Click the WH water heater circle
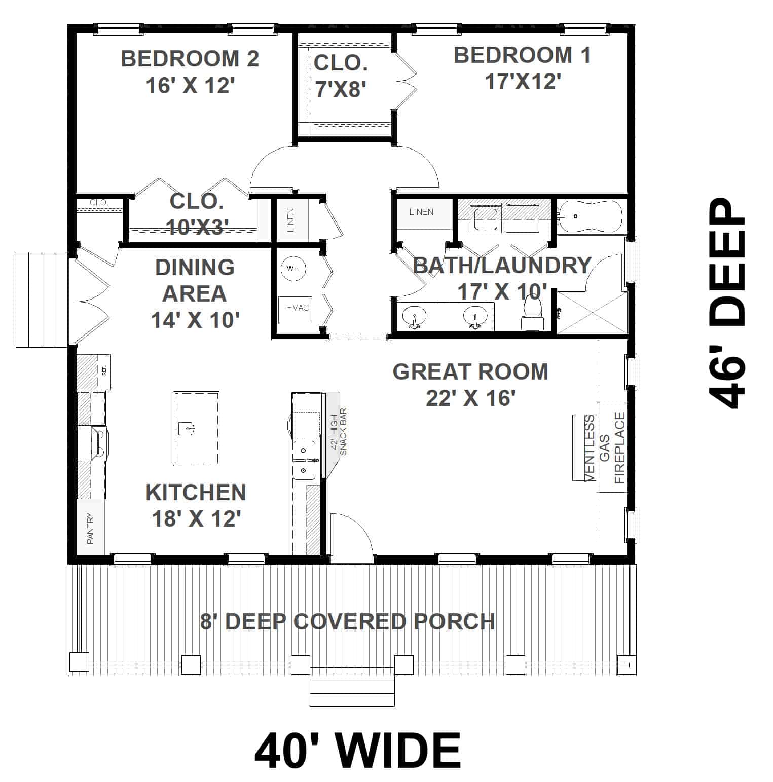(293, 268)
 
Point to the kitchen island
(196, 428)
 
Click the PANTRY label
(91, 529)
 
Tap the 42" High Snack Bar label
(339, 431)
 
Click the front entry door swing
(351, 537)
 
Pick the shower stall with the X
(592, 312)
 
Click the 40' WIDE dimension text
(357, 751)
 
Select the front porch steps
(352, 693)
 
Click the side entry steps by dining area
(42, 299)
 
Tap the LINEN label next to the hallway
(290, 220)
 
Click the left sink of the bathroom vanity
(414, 317)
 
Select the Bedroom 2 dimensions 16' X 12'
(190, 85)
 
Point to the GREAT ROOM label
(470, 371)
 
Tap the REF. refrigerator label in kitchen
(104, 371)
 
